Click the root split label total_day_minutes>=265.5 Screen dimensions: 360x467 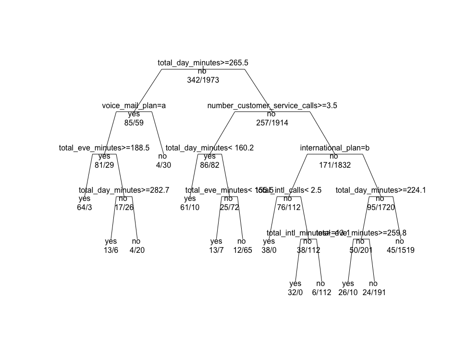click(x=203, y=63)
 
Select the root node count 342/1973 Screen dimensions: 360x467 click(x=203, y=80)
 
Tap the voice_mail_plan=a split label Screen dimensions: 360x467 click(x=134, y=106)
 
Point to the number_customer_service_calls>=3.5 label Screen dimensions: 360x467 click(x=272, y=106)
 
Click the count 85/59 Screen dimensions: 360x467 click(x=134, y=123)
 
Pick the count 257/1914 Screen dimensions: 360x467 click(x=272, y=123)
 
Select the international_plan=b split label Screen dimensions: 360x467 click(x=334, y=148)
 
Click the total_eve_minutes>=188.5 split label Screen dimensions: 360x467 click(x=104, y=148)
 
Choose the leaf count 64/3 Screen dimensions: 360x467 click(x=84, y=208)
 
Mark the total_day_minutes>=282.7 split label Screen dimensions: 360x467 click(x=124, y=190)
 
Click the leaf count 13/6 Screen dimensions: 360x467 click(x=111, y=250)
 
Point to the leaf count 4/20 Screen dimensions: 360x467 click(x=137, y=250)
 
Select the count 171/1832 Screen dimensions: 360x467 click(x=334, y=165)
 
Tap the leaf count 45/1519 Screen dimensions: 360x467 click(x=400, y=250)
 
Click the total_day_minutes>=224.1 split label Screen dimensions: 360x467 click(x=381, y=190)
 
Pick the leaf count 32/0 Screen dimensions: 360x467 click(x=295, y=293)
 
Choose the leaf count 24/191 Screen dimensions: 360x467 click(x=374, y=293)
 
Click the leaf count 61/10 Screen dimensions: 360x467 click(x=190, y=208)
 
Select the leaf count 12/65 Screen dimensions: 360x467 click(x=242, y=250)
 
